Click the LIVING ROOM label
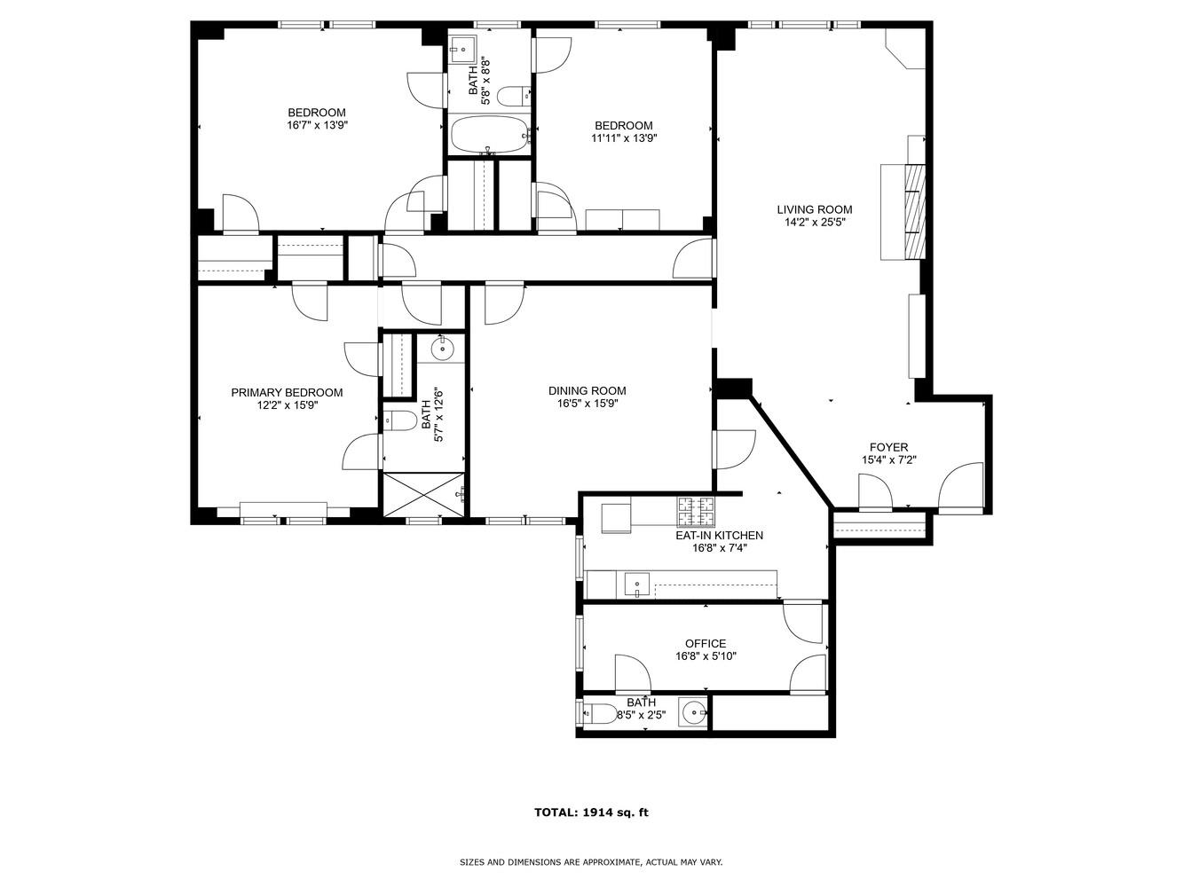(x=814, y=210)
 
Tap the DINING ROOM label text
(x=587, y=391)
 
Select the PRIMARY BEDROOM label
(x=287, y=393)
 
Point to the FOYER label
(x=887, y=448)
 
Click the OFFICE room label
(x=706, y=644)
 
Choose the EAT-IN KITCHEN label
(x=719, y=536)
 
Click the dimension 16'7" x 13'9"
(x=317, y=126)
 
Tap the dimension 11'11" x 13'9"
(x=624, y=138)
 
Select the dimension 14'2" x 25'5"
(x=814, y=224)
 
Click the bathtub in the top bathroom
(x=489, y=136)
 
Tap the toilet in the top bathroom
(x=513, y=95)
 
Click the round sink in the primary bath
(x=443, y=349)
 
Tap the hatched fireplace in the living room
(x=915, y=210)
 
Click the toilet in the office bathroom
(x=599, y=713)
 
